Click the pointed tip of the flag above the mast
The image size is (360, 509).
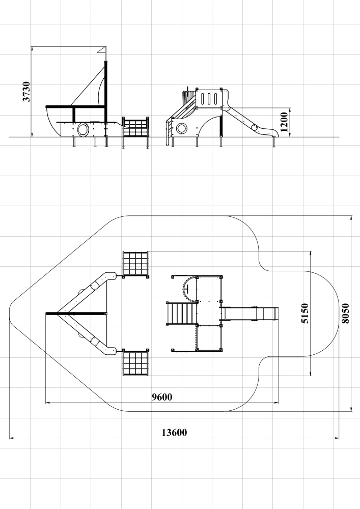pyautogui.click(x=97, y=51)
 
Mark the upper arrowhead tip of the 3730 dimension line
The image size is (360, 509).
pyautogui.click(x=32, y=47)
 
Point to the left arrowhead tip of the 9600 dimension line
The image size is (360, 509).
pyautogui.click(x=45, y=403)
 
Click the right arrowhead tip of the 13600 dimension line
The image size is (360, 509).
pyautogui.click(x=339, y=438)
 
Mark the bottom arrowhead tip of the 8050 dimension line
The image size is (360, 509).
pyautogui.click(x=351, y=411)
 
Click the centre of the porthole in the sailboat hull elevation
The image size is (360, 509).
pyautogui.click(x=83, y=129)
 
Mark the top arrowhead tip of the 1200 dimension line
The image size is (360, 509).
pyautogui.click(x=290, y=108)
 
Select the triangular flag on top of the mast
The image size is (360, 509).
pyautogui.click(x=102, y=50)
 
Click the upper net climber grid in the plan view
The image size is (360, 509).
pyautogui.click(x=135, y=265)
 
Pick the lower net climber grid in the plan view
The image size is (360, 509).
pyautogui.click(x=135, y=362)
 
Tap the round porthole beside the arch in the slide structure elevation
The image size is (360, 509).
pyautogui.click(x=182, y=129)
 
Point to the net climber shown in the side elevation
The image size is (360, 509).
pyautogui.click(x=135, y=128)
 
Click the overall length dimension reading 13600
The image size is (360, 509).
pyautogui.click(x=174, y=432)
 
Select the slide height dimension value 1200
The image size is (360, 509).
pyautogui.click(x=284, y=122)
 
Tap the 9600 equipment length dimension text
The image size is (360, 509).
pyautogui.click(x=162, y=397)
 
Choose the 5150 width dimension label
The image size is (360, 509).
pyautogui.click(x=305, y=313)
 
